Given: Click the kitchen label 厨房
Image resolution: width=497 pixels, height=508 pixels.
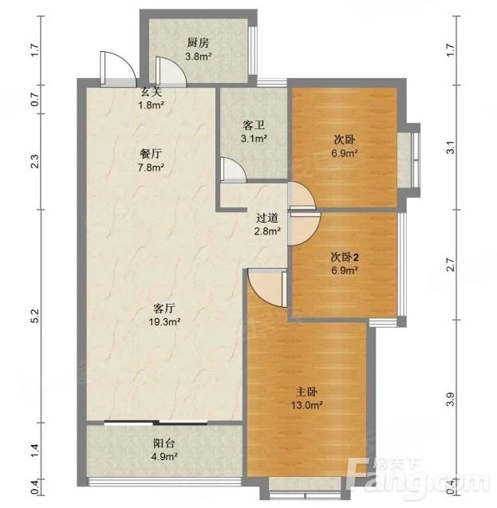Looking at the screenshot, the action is coord(198,43).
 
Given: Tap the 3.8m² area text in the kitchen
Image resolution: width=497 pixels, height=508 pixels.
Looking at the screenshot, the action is coord(199,57).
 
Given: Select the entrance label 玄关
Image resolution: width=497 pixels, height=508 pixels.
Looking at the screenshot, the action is coord(151,93).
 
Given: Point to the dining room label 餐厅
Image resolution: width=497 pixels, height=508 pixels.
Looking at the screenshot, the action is coord(151,154).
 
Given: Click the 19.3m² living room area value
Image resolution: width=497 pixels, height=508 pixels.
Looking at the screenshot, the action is coord(164,322).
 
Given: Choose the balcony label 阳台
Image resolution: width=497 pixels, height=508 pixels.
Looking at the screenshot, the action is coord(164,443).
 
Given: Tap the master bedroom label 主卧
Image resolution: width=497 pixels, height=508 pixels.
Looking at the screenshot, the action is coord(306,392).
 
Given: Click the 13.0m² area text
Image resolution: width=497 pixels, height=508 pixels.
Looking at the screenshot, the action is coord(306,405).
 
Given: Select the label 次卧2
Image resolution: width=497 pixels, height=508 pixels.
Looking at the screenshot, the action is coord(345,258).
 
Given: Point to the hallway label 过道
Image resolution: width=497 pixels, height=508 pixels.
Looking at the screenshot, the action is coord(267,218).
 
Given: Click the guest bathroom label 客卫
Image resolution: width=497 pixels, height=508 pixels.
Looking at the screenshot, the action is coord(254,125).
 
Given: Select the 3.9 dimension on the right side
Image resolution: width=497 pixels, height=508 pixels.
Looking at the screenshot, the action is coord(451,399).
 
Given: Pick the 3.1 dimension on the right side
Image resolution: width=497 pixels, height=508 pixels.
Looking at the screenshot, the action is coord(451,148).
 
